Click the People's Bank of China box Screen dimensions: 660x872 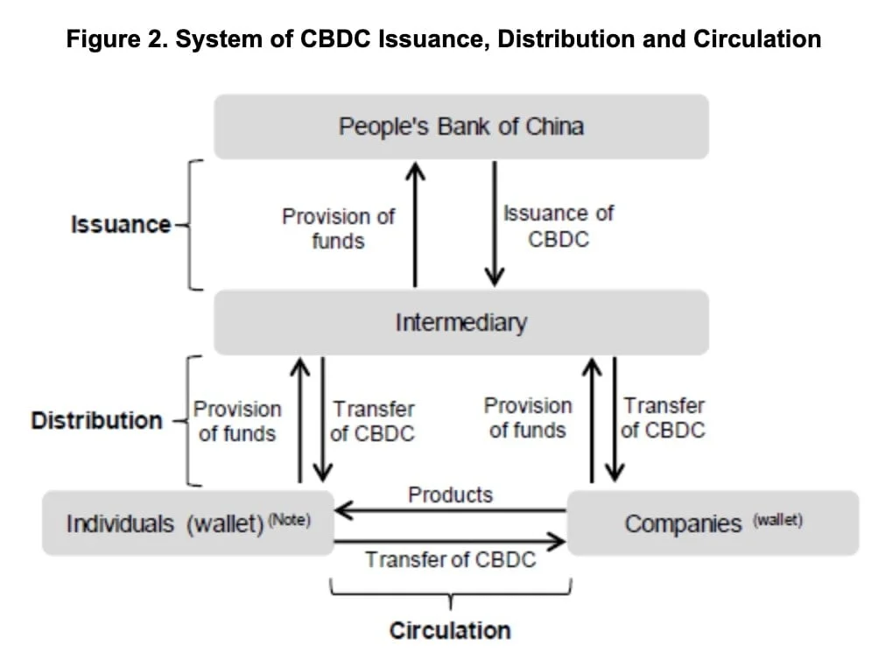coord(461,127)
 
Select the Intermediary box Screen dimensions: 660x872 coord(461,322)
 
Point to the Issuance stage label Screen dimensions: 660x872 coord(121,224)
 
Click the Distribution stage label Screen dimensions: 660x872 coord(96,420)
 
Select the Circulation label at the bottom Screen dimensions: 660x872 coord(449,630)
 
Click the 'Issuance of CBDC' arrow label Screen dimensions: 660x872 coord(559,226)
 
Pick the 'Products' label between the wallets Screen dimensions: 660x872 coord(450,495)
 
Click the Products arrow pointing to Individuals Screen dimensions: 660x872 coord(450,510)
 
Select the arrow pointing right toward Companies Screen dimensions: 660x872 coord(450,542)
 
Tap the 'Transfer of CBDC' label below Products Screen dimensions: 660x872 coord(450,560)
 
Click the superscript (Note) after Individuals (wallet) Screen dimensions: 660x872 coord(289,519)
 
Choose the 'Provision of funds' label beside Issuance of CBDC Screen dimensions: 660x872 coord(338,228)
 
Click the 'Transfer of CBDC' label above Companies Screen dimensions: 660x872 coord(663,418)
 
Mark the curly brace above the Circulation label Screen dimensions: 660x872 coord(450,595)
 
